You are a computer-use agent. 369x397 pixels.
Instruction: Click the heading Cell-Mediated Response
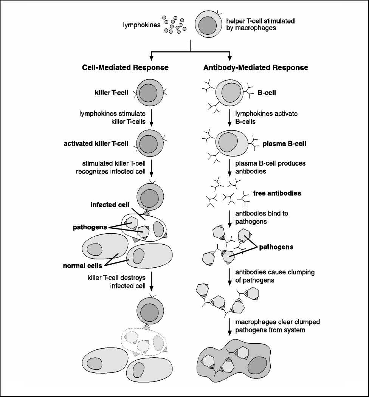tap(125, 68)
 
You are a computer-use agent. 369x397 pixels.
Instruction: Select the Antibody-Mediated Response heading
tap(256, 68)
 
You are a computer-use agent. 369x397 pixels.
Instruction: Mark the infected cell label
tap(110, 205)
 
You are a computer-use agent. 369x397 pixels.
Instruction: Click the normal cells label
tap(83, 265)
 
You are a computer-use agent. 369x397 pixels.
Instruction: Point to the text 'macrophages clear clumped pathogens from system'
tap(277, 326)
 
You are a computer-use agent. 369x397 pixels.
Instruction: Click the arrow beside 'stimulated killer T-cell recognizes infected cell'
tap(152, 167)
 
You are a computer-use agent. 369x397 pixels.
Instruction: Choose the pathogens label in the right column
tap(276, 247)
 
